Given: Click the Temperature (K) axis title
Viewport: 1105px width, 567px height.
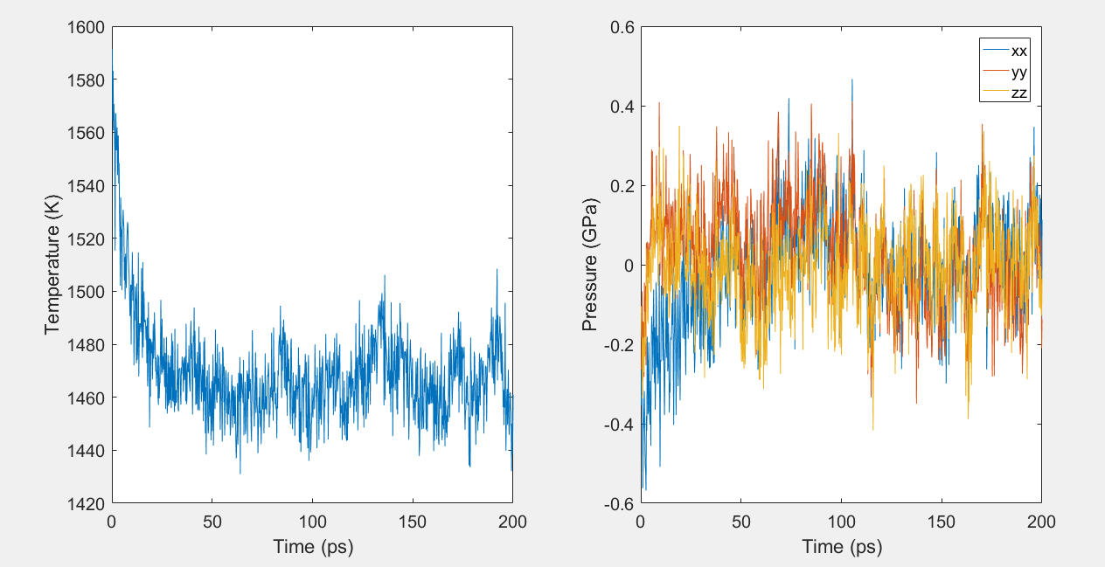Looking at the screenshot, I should click(52, 266).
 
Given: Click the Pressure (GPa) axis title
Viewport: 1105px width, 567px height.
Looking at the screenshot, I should click(590, 266).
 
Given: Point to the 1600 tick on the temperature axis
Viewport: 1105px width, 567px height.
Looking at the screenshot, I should click(87, 27).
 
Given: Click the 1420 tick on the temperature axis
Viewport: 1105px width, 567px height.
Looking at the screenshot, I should click(87, 504).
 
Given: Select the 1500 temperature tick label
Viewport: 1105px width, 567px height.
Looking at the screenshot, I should click(87, 292).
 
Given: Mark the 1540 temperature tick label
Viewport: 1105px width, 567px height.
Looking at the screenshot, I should click(87, 186).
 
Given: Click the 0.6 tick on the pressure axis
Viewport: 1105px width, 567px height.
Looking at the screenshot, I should click(622, 27).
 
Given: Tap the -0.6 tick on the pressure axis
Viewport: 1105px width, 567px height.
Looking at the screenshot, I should click(620, 504).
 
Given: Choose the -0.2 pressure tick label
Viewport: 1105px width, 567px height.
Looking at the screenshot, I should click(620, 345).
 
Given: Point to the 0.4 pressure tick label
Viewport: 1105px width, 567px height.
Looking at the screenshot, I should click(622, 107).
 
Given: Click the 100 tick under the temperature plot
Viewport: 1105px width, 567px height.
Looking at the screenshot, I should click(312, 522).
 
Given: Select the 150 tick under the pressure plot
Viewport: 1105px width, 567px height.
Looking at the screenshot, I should click(942, 522).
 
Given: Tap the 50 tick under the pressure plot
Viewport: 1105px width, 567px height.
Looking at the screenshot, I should click(741, 522).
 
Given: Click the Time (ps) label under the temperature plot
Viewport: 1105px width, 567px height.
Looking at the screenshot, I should click(312, 548).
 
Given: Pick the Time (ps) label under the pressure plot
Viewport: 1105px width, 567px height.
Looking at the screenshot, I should click(841, 548).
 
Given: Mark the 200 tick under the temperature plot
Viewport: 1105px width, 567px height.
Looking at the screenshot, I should click(512, 522).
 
